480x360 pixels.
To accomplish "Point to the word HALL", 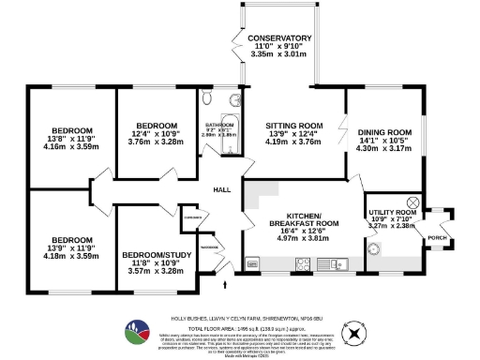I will click(x=222, y=190).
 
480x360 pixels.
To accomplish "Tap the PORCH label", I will click(x=437, y=238).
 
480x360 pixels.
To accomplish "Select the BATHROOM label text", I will click(x=219, y=125).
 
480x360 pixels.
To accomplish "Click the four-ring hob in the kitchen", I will click(x=305, y=263).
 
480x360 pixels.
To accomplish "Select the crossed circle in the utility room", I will click(x=412, y=202).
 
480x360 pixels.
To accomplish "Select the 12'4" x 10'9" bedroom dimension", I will click(x=157, y=134).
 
